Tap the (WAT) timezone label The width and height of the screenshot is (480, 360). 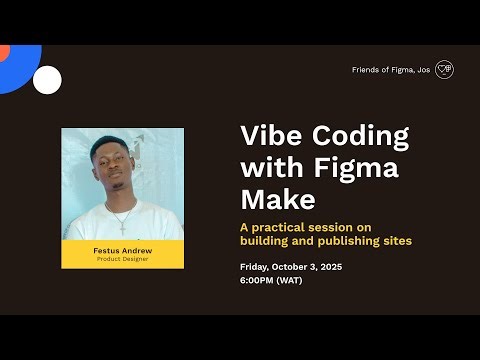click(x=289, y=280)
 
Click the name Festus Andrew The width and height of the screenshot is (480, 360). click(x=122, y=251)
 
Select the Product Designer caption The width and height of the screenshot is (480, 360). click(x=122, y=260)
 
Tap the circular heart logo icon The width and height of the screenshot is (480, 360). click(x=444, y=70)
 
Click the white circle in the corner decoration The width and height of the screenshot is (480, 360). click(x=47, y=79)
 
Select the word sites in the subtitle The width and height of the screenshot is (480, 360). click(x=397, y=241)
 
